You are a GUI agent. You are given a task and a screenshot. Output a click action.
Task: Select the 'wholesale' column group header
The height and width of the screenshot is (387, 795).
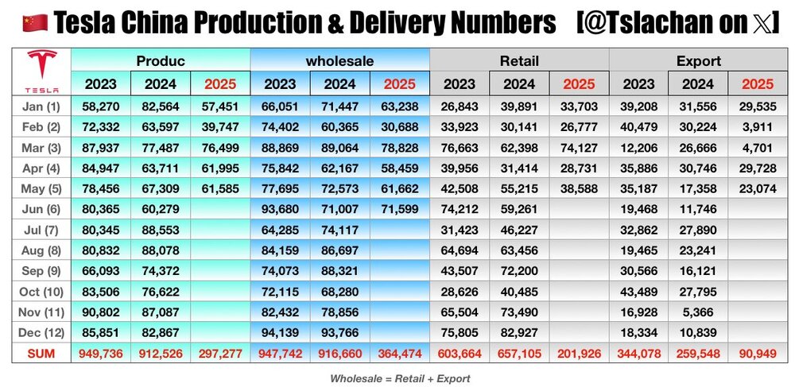coord(339,60)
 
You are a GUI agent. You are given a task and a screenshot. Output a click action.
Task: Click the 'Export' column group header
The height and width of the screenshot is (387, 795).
coord(698,60)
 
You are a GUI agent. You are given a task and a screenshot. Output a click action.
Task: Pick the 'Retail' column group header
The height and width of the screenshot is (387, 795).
coord(519,60)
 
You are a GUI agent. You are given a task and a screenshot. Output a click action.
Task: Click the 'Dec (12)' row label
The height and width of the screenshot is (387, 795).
coord(41,333)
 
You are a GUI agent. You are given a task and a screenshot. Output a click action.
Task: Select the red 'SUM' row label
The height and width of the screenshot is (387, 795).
coord(41,353)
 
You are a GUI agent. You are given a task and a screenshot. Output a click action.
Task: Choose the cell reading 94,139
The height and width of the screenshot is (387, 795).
coord(280,333)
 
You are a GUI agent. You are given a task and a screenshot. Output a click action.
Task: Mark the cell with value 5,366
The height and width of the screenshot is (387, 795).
coord(698,312)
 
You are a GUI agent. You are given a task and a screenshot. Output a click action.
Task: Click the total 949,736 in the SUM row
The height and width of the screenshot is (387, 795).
coord(100,353)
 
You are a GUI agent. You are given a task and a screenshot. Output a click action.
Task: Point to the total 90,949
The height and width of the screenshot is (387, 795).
coord(758,353)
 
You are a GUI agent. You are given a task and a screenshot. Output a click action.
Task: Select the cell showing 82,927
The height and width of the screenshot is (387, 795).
coord(519,333)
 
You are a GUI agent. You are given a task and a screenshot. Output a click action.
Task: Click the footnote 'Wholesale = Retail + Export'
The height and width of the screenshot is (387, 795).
coord(400,378)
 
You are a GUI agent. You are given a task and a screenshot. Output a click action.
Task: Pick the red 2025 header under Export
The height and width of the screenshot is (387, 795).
coord(758,84)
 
